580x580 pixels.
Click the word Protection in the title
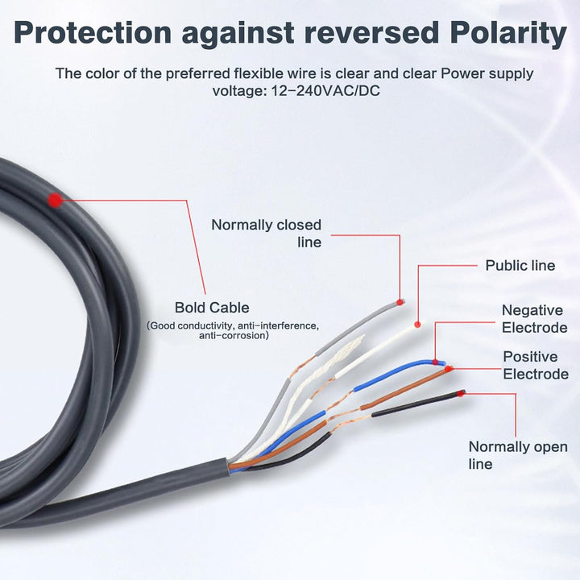tap(93, 33)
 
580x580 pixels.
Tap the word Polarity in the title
tap(508, 35)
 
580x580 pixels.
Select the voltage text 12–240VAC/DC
tap(325, 90)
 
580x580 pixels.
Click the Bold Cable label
tap(212, 308)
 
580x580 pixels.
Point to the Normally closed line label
tap(267, 234)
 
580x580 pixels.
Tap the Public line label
tap(520, 266)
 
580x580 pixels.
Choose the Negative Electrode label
tap(535, 319)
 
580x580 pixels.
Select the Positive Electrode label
tap(536, 366)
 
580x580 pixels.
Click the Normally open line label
tap(518, 455)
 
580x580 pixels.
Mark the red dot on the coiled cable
tap(56, 200)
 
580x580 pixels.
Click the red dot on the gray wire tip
tap(400, 302)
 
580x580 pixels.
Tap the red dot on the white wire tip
tap(417, 325)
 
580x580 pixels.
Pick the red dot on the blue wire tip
tap(435, 362)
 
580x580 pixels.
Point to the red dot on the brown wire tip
tap(449, 369)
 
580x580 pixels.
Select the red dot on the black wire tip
tap(461, 394)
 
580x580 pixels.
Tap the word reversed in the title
tap(371, 33)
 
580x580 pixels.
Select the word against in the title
tap(238, 35)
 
